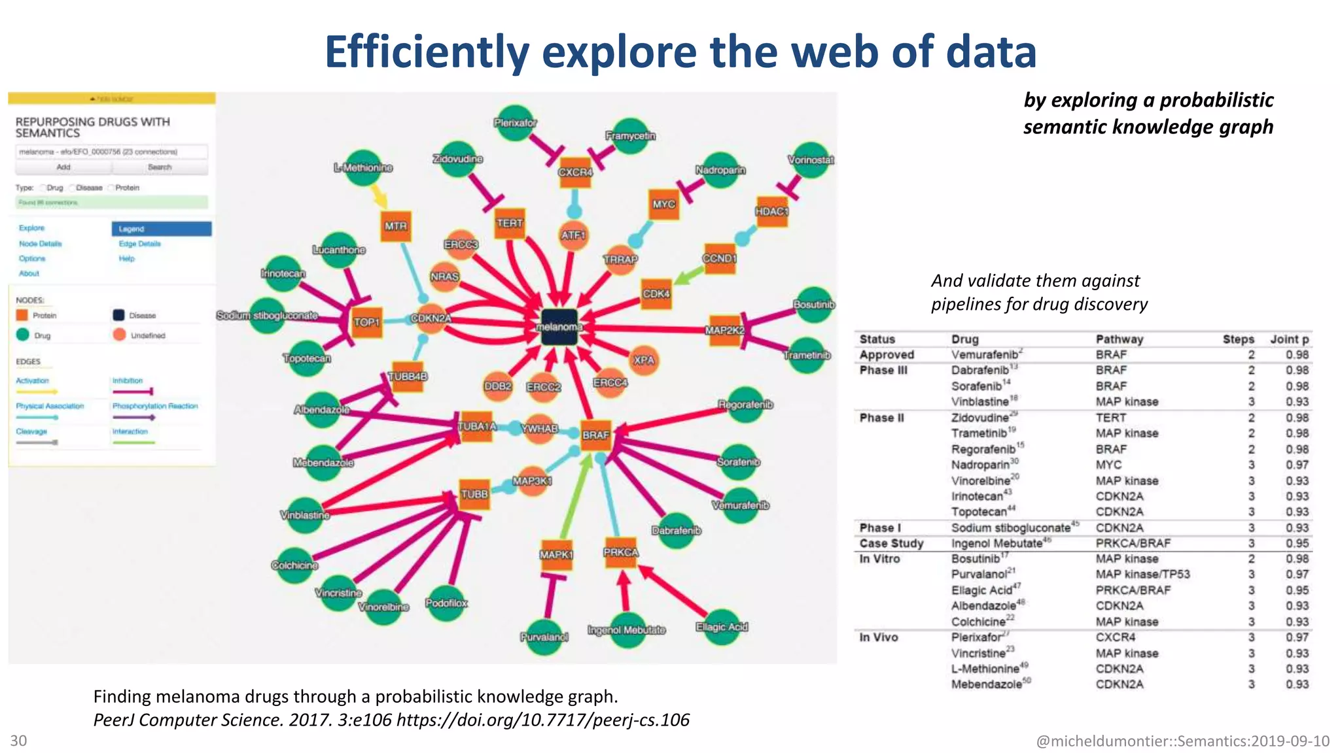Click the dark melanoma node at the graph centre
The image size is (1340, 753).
point(559,327)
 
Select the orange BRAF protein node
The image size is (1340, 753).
point(595,435)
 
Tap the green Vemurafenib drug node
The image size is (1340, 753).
point(741,505)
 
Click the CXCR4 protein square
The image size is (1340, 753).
point(575,172)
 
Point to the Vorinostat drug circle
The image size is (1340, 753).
point(811,159)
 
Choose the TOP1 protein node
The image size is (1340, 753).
point(366,322)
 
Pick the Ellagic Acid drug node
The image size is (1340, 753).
point(722,627)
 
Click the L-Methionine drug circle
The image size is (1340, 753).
point(364,167)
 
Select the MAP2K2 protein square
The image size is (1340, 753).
point(725,330)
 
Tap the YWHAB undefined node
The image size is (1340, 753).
point(539,429)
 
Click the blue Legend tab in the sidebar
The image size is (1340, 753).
point(162,229)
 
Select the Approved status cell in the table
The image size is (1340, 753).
point(887,355)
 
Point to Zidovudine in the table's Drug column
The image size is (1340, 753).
point(979,418)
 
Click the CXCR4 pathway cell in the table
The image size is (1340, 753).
point(1116,637)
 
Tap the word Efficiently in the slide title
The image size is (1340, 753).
point(427,52)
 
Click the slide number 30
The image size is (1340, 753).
point(18,741)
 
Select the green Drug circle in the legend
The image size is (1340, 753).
point(23,335)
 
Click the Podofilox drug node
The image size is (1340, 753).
point(447,603)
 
